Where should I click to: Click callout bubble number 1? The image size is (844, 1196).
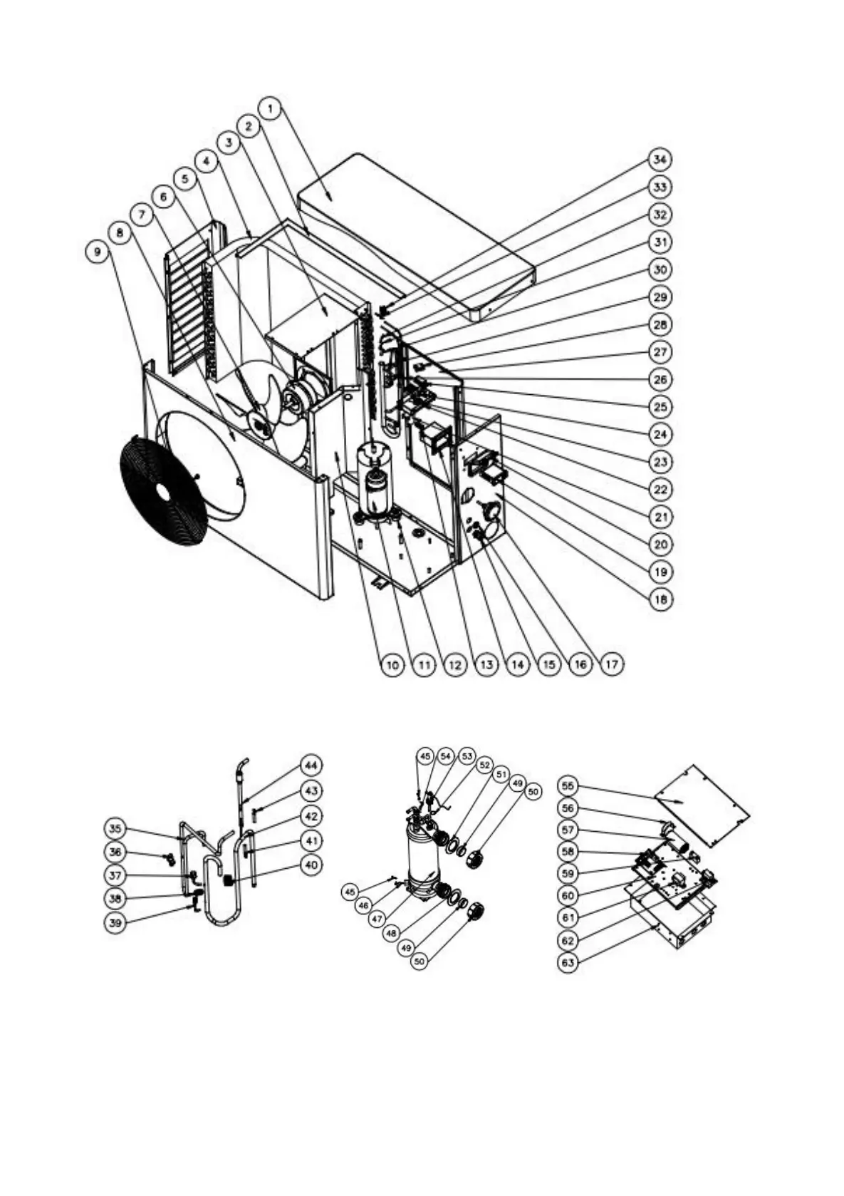coord(270,108)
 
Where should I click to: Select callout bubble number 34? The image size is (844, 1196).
coord(660,159)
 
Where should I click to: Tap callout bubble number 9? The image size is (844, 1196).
coord(98,252)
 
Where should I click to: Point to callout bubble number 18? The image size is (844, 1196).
coord(660,599)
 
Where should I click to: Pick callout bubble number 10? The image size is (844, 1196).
coord(392,665)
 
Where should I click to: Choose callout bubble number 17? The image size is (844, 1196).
coord(611,665)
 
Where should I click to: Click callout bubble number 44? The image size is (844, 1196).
coord(311,765)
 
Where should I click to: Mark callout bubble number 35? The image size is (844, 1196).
coord(115,828)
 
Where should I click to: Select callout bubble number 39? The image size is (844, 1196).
coord(115,922)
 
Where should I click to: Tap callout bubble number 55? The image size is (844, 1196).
coord(568,786)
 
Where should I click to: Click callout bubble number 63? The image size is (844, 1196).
coord(568,963)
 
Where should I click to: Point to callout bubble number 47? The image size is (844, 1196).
coord(377,919)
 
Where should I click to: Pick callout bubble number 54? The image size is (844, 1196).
coord(446,756)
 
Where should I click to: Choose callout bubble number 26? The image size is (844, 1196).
coord(660,379)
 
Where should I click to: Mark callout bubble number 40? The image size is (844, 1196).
coord(311,865)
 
